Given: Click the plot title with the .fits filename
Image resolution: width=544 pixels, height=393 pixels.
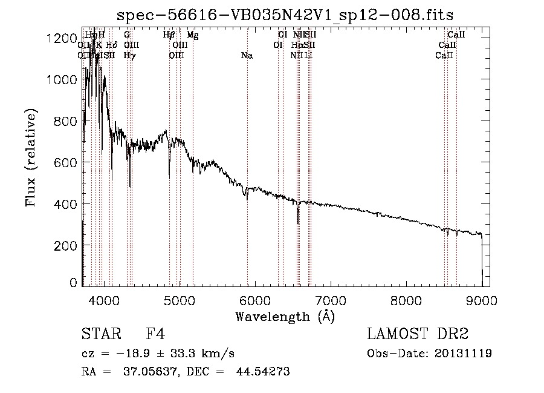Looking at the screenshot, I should tap(285, 15).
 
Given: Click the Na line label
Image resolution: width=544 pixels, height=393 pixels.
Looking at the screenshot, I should tap(247, 56).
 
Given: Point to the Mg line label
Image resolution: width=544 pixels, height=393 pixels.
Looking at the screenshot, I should tap(192, 35).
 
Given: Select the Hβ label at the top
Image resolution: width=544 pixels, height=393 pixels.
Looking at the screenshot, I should tap(169, 35).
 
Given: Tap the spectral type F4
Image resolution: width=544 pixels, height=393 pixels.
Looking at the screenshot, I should tap(155, 334).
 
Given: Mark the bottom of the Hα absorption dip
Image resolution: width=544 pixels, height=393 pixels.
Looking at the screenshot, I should tap(297, 223).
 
